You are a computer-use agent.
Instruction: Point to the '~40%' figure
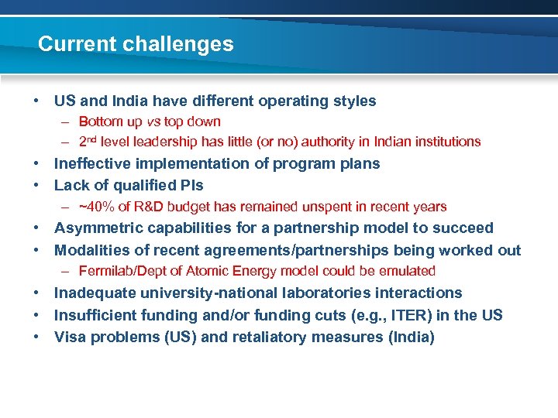point(94,207)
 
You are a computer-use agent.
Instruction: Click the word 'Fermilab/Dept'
point(118,271)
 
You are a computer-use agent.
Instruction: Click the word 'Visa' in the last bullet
point(71,337)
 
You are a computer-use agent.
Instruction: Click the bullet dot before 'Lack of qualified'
point(36,185)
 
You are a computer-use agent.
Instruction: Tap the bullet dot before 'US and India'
point(36,101)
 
